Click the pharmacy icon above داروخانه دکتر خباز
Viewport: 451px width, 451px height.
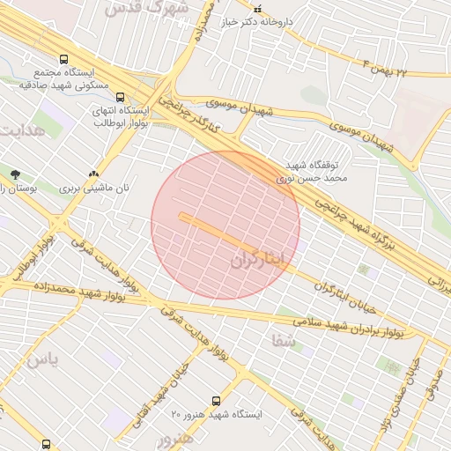282,7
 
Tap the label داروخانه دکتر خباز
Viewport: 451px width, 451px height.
283,20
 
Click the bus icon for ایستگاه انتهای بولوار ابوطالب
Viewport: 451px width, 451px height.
120,97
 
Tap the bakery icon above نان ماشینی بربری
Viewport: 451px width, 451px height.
93,174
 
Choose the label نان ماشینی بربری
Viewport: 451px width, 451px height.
95,189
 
